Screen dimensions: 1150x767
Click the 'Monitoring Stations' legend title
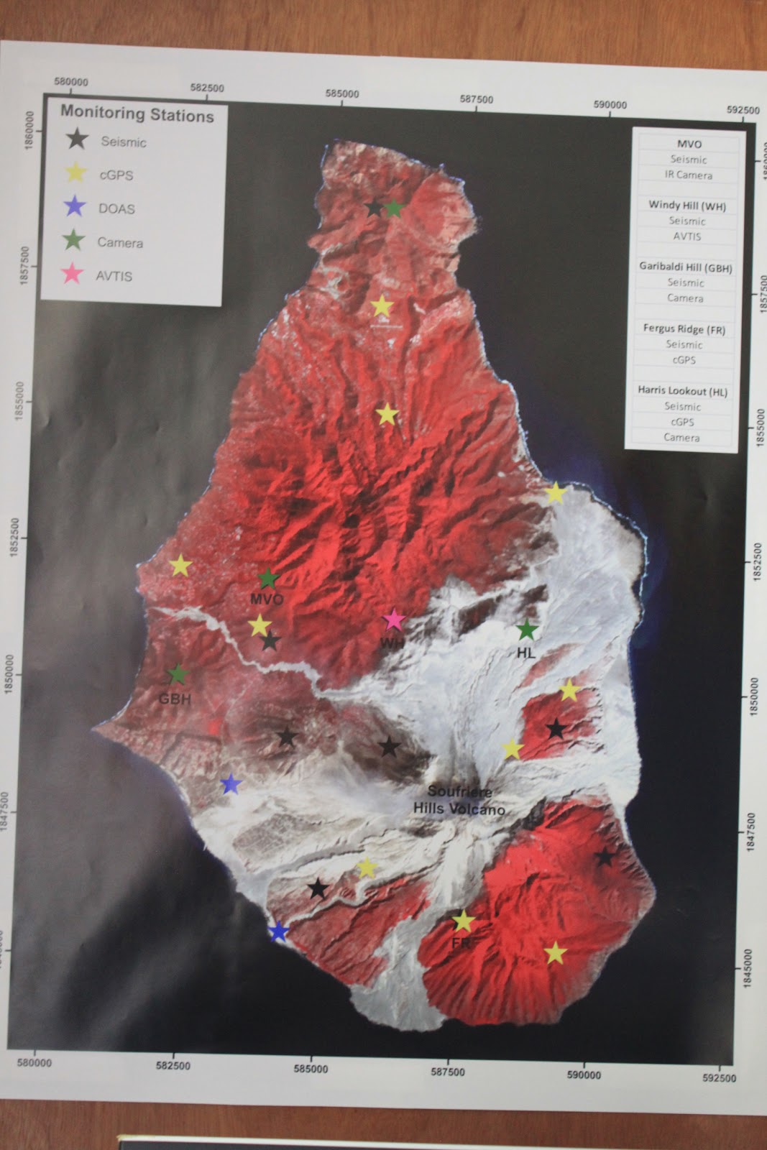[137, 114]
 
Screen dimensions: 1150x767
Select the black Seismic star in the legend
[77, 139]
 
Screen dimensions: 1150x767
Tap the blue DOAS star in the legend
[75, 207]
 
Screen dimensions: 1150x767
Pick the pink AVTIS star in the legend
[72, 274]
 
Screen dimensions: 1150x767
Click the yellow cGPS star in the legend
[75, 172]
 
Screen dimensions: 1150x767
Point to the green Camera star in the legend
[73, 241]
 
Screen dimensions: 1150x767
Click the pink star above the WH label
[393, 619]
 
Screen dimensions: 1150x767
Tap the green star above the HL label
[527, 630]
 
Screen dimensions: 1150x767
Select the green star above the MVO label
[268, 578]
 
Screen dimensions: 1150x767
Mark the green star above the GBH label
[178, 673]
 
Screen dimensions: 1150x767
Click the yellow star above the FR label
[464, 920]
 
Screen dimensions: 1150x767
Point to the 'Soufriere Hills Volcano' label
[459, 800]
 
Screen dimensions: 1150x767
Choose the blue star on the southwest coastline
[278, 932]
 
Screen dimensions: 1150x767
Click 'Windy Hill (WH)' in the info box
[687, 206]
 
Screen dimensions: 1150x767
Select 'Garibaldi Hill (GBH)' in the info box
[686, 267]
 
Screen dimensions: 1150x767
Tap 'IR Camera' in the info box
[688, 175]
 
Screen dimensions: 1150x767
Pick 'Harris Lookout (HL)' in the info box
[683, 391]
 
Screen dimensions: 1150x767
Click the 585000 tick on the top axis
[341, 93]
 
